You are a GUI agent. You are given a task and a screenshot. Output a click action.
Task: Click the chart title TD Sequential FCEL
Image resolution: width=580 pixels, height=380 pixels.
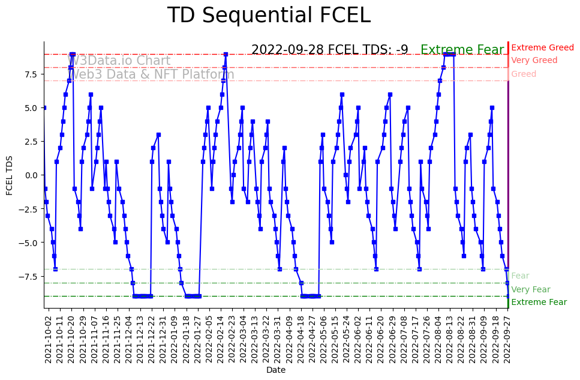[269, 16]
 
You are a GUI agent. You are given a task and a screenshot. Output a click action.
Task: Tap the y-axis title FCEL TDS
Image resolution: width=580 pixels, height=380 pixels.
[10, 175]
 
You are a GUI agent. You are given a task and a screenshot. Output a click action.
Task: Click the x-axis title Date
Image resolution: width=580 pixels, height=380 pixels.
[276, 370]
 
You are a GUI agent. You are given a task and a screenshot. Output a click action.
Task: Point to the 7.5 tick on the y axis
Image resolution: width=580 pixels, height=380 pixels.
[31, 74]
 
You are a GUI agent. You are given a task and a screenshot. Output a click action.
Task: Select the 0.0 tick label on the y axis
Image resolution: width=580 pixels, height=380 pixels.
[31, 175]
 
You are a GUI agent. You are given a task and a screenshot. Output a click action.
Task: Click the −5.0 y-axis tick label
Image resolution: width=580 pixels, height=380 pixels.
[29, 243]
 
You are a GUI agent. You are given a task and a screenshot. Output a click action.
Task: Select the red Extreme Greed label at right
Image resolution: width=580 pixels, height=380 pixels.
[542, 48]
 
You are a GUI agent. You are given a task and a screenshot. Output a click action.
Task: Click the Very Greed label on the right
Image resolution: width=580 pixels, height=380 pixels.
[534, 61]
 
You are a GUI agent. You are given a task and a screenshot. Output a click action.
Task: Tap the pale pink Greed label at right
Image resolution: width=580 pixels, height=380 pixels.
[524, 74]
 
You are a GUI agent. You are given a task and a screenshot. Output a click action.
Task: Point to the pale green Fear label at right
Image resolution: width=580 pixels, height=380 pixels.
[520, 276]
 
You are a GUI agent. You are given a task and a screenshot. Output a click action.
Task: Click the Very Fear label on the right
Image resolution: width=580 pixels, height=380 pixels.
[530, 290]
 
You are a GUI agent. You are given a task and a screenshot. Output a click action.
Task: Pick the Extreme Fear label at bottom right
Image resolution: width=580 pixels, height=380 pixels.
[539, 303]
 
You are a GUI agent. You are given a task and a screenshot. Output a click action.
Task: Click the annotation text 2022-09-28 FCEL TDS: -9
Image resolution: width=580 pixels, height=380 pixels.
[329, 50]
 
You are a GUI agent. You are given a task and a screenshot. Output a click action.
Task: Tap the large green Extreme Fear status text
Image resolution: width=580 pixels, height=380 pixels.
[462, 50]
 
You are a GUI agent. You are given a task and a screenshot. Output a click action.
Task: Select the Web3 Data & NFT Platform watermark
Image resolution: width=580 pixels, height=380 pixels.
[152, 75]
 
